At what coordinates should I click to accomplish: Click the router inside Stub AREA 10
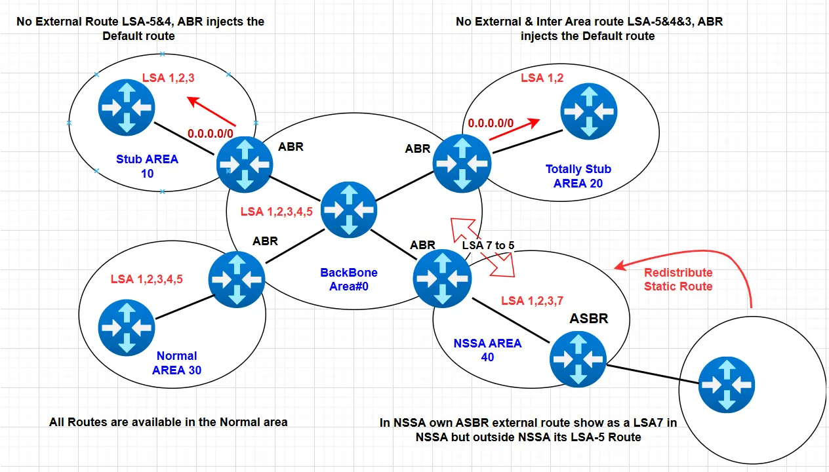click(126, 107)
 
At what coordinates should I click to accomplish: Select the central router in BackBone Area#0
click(349, 209)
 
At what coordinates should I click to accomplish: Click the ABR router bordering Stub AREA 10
click(245, 164)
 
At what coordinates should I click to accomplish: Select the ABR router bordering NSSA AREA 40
click(441, 278)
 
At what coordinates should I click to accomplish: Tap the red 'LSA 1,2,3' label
click(169, 78)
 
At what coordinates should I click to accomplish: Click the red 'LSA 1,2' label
click(542, 78)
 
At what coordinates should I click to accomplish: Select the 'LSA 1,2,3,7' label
click(532, 300)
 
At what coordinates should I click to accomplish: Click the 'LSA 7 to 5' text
click(488, 245)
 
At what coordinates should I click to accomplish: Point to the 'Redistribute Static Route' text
click(677, 279)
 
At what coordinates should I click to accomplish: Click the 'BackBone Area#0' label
click(348, 279)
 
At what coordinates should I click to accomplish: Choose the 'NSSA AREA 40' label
click(487, 350)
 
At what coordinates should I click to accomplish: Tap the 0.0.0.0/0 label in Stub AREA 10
click(210, 133)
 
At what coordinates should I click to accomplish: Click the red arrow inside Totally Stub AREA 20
click(514, 129)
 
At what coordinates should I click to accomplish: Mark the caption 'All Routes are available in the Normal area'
click(168, 422)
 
